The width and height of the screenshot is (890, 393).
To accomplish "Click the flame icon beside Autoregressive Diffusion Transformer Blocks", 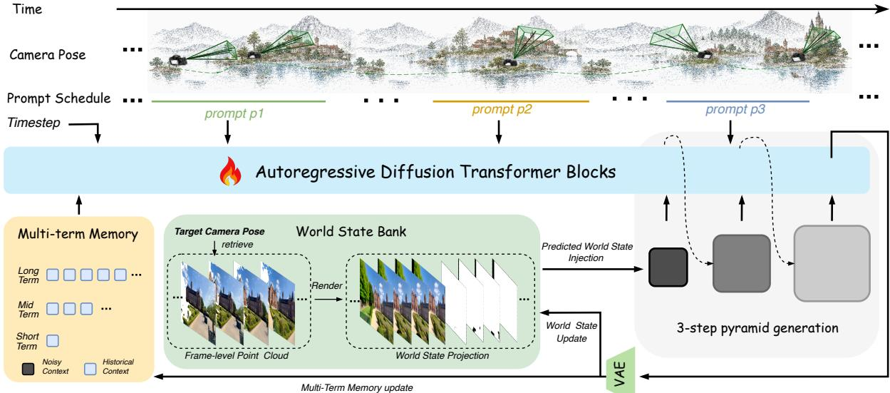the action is click(x=230, y=171).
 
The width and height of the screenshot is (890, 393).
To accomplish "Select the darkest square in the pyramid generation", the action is click(x=668, y=267).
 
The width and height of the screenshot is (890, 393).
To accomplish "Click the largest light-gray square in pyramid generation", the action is click(x=832, y=263).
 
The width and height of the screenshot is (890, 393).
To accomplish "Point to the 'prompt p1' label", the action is click(x=234, y=114).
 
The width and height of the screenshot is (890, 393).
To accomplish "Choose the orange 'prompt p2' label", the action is click(x=502, y=109).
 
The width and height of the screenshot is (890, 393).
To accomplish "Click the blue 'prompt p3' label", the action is click(x=735, y=109).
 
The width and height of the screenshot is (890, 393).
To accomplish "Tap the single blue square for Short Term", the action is click(x=53, y=341).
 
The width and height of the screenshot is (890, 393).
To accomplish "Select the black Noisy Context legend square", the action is click(x=28, y=369).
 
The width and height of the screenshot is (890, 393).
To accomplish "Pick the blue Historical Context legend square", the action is click(x=90, y=369).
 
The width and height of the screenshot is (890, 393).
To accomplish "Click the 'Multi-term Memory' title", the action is click(x=78, y=234).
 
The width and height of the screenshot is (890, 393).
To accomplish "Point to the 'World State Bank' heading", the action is click(x=351, y=232).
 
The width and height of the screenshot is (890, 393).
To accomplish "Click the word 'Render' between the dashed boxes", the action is click(x=326, y=285).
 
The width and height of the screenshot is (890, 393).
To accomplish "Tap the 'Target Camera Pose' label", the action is click(x=219, y=232).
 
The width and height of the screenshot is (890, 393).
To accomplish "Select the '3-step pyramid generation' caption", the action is click(x=757, y=328).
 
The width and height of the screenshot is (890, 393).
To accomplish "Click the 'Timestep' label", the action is click(x=33, y=123).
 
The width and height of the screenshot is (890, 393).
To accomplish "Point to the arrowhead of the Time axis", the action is click(x=884, y=9).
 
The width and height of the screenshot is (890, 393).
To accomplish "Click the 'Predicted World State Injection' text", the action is click(x=587, y=252).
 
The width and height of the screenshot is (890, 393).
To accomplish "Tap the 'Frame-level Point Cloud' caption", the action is click(x=237, y=356).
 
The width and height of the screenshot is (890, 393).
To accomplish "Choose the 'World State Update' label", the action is click(x=571, y=332).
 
